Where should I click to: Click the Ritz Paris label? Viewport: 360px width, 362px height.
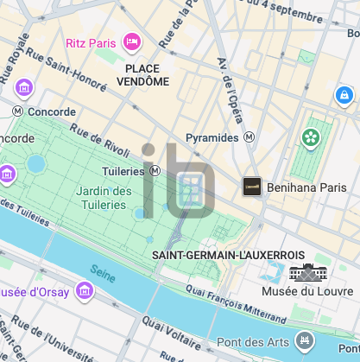click(92, 42)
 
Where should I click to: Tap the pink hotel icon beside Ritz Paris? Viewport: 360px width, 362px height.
click(132, 41)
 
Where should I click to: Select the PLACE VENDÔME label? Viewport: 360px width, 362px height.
click(147, 74)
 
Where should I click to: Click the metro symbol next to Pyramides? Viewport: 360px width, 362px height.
click(249, 137)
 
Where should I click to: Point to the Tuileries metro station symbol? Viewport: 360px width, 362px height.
click(155, 171)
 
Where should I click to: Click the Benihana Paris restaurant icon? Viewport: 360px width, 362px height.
click(252, 186)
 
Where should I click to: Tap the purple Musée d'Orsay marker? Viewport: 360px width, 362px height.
click(85, 289)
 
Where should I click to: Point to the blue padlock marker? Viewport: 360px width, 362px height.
click(344, 94)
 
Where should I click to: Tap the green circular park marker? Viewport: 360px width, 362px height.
click(309, 137)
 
